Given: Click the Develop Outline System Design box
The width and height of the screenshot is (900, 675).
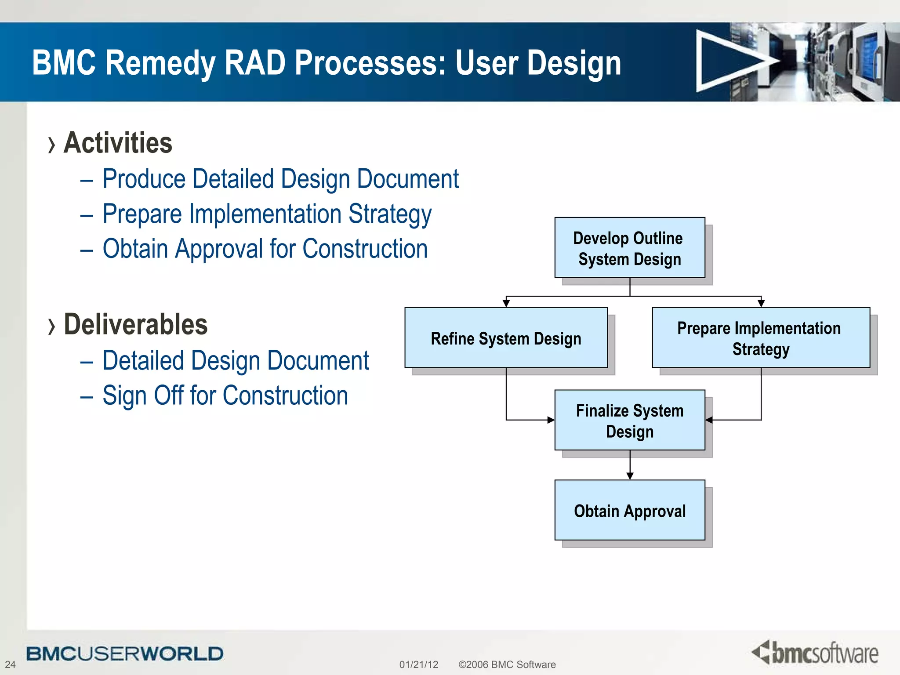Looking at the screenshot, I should tap(629, 248).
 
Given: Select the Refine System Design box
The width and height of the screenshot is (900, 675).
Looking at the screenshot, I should tap(506, 338).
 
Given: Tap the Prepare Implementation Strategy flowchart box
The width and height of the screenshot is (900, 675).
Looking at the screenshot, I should tap(761, 338).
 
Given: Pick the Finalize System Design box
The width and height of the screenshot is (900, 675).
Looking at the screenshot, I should tap(629, 421).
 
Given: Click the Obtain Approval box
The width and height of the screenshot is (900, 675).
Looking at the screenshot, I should tap(629, 510).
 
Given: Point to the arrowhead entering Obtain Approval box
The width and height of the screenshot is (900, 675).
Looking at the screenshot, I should tap(630, 476).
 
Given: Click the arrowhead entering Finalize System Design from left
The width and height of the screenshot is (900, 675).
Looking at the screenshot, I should tap(551, 420).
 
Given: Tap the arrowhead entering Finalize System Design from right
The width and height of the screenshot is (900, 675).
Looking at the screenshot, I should tap(709, 420).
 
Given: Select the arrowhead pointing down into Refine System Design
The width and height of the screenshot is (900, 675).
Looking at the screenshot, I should tap(506, 303).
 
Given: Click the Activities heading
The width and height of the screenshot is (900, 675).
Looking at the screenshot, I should tap(118, 143).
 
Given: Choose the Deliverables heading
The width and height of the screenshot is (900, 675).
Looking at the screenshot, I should tap(135, 325).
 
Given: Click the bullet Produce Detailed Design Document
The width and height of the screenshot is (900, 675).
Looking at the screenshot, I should tap(280, 179).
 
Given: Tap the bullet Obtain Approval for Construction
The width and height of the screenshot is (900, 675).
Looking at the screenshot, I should tap(265, 249).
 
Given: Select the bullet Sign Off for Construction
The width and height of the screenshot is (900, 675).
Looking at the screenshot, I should tap(225, 396).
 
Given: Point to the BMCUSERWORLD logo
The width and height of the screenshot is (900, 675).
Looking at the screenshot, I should tap(125, 653).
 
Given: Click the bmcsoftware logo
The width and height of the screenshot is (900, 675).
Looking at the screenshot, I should tap(816, 653).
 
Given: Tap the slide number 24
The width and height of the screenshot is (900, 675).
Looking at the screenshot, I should tap(10, 664).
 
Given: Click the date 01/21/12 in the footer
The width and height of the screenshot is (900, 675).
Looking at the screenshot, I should tap(418, 664).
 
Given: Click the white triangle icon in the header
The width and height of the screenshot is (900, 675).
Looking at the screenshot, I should tap(729, 62).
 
